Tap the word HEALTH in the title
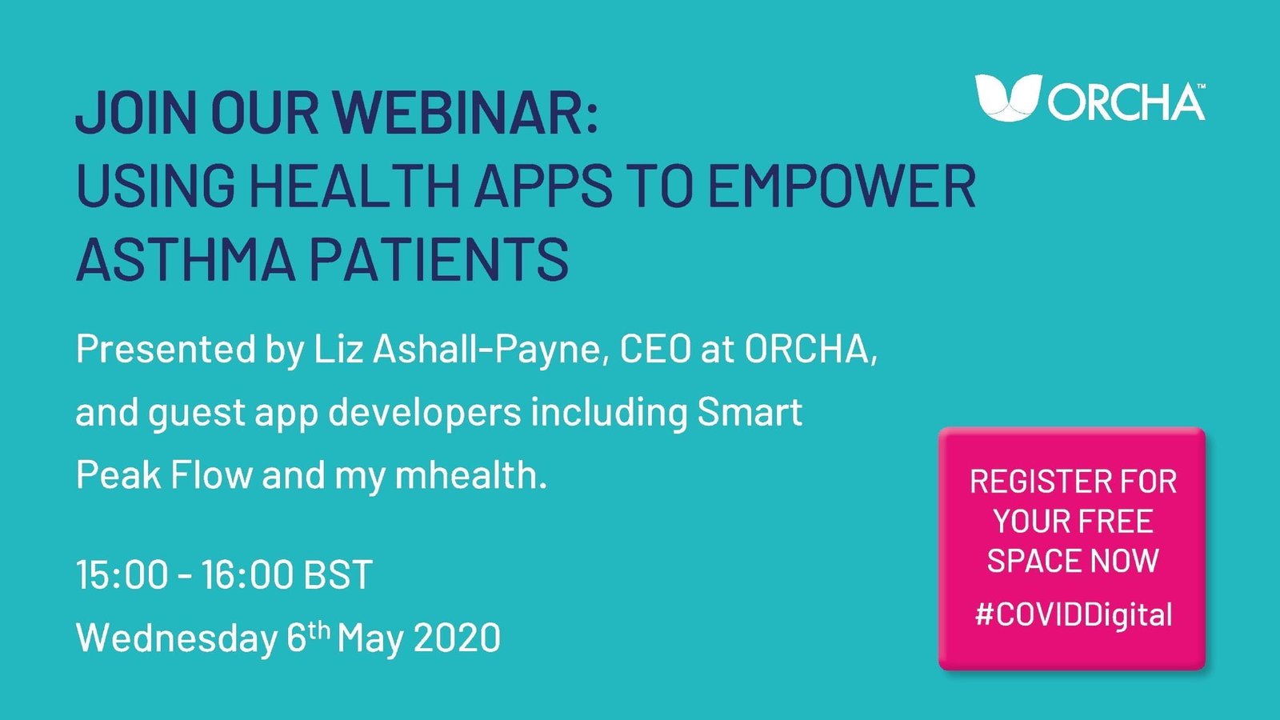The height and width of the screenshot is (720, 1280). tap(354, 186)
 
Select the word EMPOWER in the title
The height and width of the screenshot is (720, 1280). tap(842, 186)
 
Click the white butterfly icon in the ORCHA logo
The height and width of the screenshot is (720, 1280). tap(1008, 98)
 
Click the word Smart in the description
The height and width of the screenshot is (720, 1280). tap(750, 413)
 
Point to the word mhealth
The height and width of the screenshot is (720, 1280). tap(470, 475)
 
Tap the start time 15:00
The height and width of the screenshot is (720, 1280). tap(122, 575)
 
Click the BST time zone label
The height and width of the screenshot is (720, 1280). tap(339, 575)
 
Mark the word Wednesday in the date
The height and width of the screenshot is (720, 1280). tap(177, 638)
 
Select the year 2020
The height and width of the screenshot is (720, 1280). tap(458, 638)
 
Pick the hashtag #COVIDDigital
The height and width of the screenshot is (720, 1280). tap(1074, 614)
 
